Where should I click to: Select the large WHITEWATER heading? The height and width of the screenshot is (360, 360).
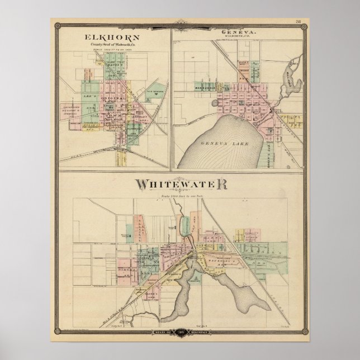point(179,184)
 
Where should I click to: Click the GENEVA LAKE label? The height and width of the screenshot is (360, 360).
point(226,143)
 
